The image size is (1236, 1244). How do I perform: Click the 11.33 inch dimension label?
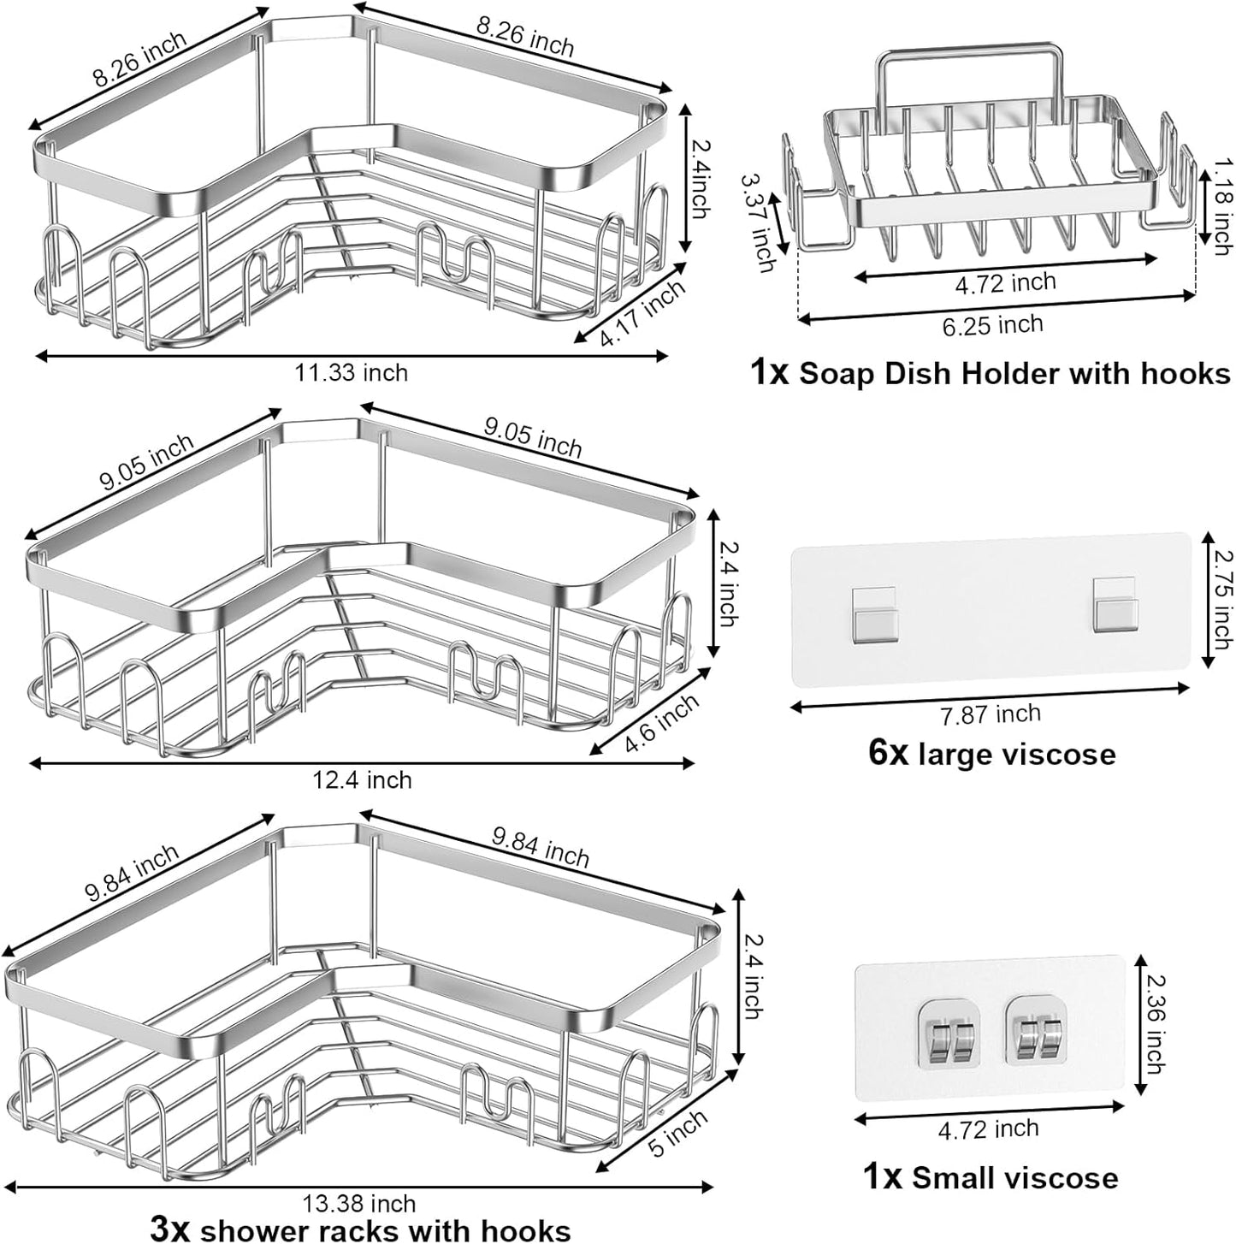coord(352,373)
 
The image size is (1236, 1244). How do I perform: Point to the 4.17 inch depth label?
coord(642,313)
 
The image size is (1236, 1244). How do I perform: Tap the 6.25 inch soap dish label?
coord(992,325)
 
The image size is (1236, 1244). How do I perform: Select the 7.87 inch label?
coord(990,714)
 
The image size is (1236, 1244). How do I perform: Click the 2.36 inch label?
coord(1152,1027)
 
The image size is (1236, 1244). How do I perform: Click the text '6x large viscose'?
coord(991,755)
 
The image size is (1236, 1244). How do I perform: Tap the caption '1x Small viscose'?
coord(990,1177)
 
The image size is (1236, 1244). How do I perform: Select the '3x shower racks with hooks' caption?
coord(360,1229)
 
